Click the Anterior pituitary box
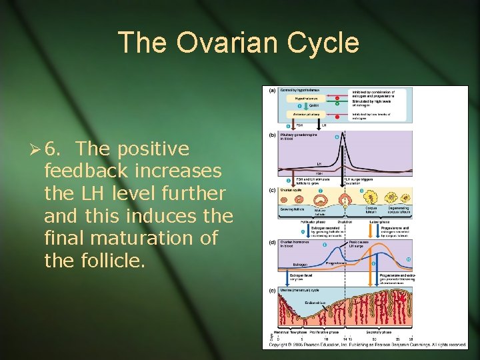tap(303, 114)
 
